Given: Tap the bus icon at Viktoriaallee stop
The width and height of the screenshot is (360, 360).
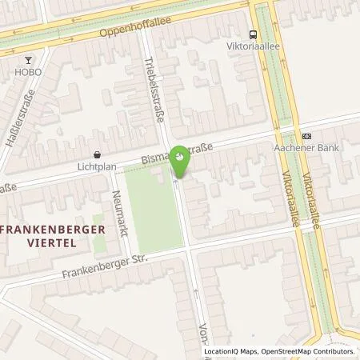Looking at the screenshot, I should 253,34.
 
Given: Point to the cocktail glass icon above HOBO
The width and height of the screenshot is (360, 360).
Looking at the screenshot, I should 29,58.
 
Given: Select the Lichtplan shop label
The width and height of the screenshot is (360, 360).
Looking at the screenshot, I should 97,168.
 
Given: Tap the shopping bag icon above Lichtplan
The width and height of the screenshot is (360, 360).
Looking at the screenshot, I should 97,154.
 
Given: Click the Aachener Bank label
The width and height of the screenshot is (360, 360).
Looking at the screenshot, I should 306,148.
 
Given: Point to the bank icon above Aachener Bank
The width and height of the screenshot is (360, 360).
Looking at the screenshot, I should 306,135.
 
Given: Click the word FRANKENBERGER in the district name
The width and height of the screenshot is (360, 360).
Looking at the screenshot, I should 46,227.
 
